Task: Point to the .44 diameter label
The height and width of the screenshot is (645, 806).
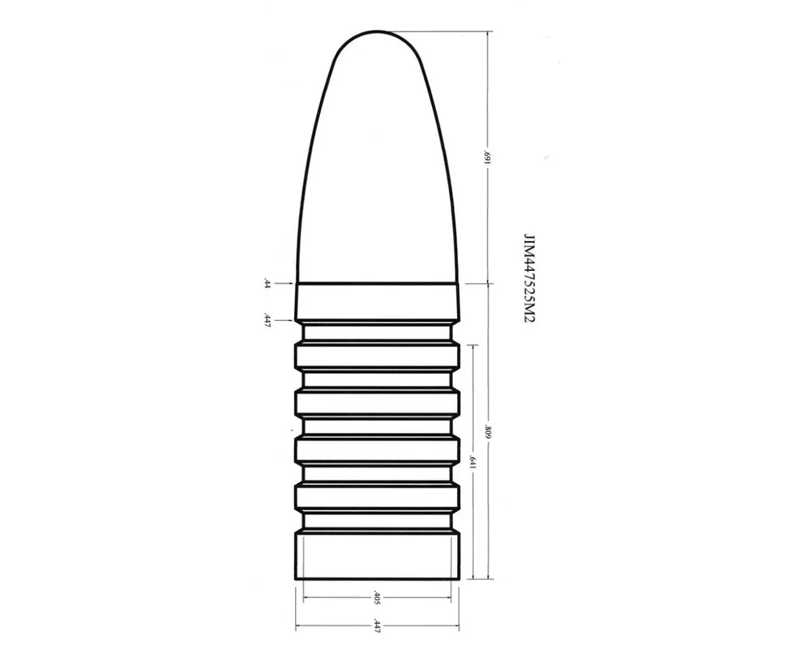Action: point(267,284)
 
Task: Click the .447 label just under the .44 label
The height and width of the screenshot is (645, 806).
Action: point(267,320)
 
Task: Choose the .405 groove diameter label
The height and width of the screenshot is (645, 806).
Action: point(376,597)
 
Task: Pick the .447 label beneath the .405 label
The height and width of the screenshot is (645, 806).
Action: point(376,626)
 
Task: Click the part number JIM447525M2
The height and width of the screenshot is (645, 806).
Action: point(529,278)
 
